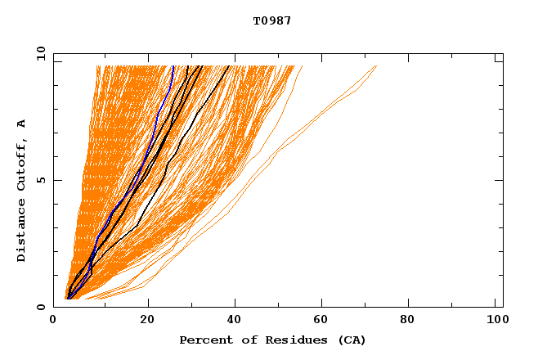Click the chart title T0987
[x=272, y=20]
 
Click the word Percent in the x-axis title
[x=202, y=340]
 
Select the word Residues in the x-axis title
[x=282, y=340]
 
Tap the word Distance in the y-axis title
[x=21, y=232]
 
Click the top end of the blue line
[x=173, y=66]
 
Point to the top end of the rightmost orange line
[x=376, y=66]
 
